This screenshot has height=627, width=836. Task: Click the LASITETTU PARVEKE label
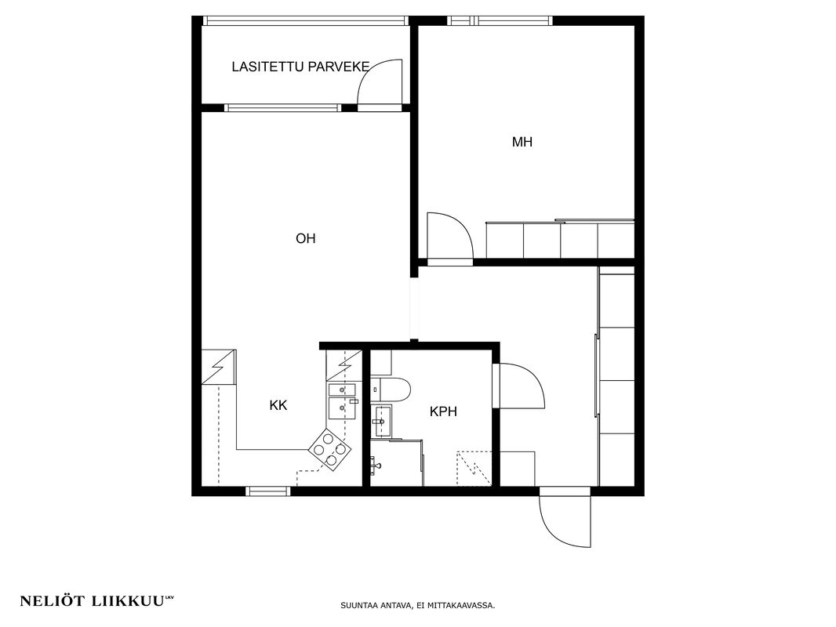click(x=300, y=67)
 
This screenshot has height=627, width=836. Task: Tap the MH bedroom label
click(x=522, y=142)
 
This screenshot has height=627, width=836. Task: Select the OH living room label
click(x=306, y=238)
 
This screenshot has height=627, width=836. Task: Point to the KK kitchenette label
click(x=278, y=405)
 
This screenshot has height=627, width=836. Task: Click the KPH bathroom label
click(x=443, y=411)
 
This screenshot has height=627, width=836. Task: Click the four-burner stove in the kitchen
click(x=330, y=450)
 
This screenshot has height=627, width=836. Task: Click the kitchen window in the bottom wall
click(x=267, y=491)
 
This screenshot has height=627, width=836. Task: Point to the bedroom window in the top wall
click(x=500, y=21)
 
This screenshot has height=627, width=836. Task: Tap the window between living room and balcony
click(x=282, y=107)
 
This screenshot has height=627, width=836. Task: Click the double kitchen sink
click(x=337, y=401)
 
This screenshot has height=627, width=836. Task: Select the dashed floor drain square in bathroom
click(x=474, y=468)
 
